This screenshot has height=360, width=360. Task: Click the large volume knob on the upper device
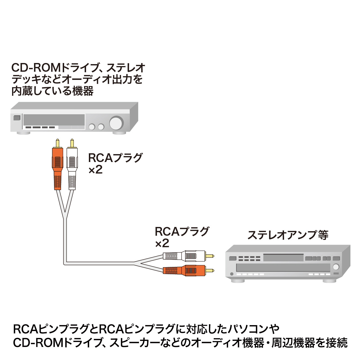click(x=116, y=123)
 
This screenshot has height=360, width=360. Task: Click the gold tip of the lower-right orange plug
click(x=210, y=271)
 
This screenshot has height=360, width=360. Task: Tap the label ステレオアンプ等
click(x=288, y=235)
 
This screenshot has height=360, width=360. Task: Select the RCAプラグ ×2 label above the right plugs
click(x=181, y=237)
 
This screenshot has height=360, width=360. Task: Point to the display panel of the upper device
click(x=54, y=120)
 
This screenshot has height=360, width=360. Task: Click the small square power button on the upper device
click(x=17, y=118)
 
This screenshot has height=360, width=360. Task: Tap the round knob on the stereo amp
click(x=336, y=267)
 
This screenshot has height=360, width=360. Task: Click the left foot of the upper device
click(x=23, y=133)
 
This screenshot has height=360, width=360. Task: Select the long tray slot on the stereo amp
click(x=283, y=267)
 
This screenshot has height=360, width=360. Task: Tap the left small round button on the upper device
click(x=92, y=127)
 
